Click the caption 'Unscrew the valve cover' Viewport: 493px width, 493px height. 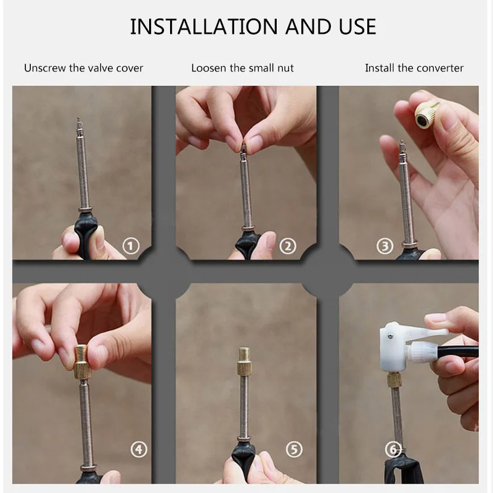(x=83, y=68)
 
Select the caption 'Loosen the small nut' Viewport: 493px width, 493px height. (x=242, y=68)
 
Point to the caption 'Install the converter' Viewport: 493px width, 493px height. (x=414, y=68)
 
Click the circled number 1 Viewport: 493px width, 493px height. (x=131, y=246)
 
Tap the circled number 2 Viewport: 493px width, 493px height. (x=288, y=246)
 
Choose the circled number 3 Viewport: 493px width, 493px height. (x=385, y=246)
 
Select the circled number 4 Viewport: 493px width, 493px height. (x=139, y=449)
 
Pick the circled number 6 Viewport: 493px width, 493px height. (x=393, y=449)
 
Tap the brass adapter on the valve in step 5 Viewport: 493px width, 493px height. (x=243, y=362)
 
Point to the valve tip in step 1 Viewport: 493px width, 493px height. (x=79, y=123)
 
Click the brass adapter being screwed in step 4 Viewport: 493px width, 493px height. (x=82, y=362)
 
